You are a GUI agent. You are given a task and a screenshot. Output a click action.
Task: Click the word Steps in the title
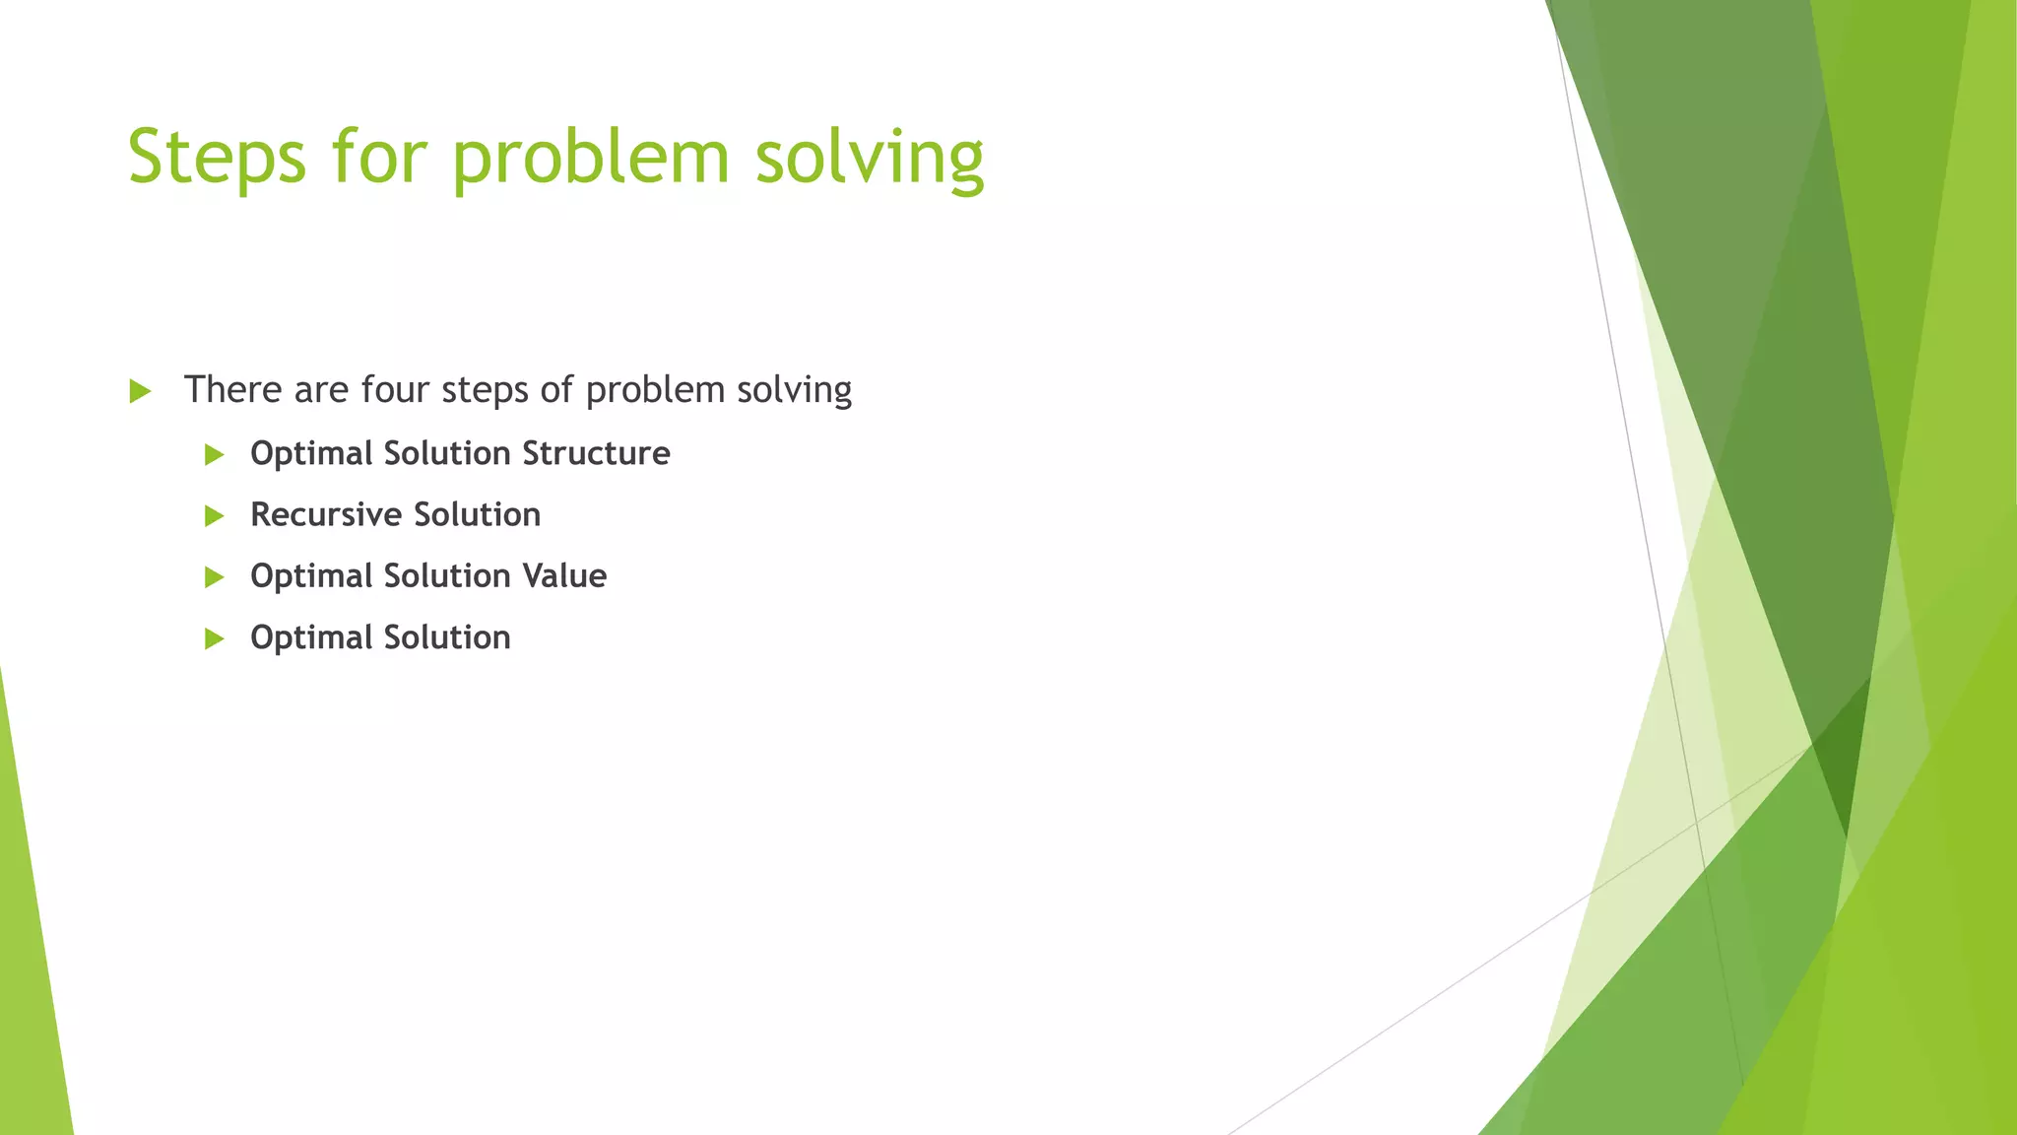coord(217,158)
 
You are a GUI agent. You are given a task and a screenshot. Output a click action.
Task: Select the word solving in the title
coord(870,158)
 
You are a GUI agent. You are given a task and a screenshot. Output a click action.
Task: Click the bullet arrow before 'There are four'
coord(140,391)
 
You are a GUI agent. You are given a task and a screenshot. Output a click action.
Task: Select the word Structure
coord(596,453)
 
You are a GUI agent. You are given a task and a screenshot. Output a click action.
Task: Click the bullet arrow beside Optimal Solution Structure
coord(215,454)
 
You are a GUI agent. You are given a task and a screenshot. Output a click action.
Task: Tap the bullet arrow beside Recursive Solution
coord(215,515)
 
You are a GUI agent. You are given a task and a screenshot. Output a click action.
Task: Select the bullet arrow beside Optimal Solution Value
coord(215,577)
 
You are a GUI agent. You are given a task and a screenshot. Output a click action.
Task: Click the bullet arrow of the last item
coord(215,638)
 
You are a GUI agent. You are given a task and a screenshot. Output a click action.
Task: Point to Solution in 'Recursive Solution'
coord(477,514)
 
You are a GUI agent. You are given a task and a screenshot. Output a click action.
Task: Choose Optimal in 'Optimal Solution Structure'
coord(311,454)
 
